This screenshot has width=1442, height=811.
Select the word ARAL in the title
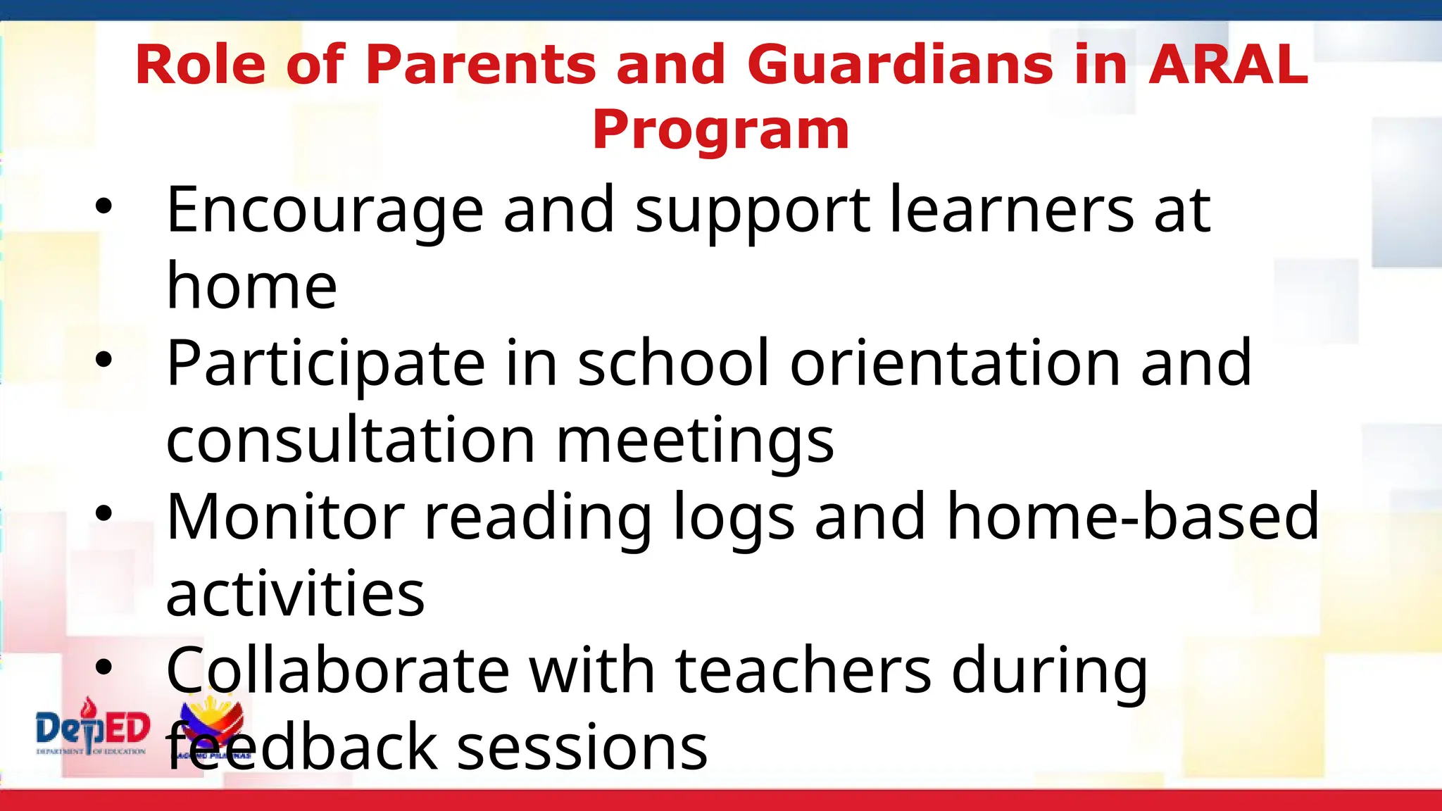1228,65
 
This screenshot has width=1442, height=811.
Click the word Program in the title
721,131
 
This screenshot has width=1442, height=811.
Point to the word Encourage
325,211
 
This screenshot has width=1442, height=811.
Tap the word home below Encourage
251,287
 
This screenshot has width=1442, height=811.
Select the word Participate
325,365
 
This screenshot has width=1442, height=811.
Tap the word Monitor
285,517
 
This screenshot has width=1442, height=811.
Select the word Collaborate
337,670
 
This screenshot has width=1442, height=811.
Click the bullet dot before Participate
104,360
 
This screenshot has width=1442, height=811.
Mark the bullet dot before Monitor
104,514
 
